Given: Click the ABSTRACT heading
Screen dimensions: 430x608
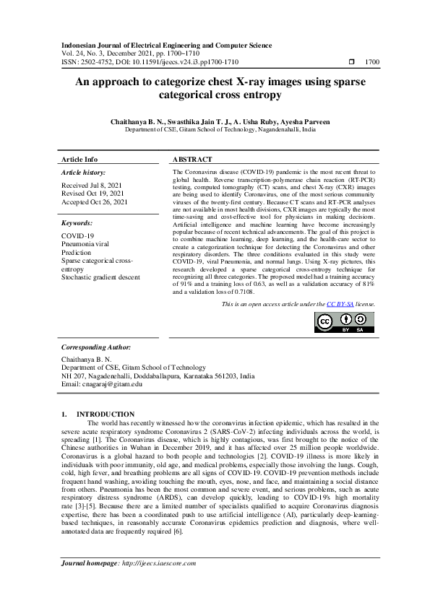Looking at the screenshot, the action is click(x=193, y=159).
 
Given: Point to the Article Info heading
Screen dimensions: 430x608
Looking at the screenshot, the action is click(x=79, y=159).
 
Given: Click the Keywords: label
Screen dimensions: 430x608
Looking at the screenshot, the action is click(x=77, y=224).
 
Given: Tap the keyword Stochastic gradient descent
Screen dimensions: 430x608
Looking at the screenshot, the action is click(x=103, y=277).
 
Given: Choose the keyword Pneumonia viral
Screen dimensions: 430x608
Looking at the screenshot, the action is click(x=85, y=245).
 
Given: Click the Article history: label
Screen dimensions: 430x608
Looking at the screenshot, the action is click(x=83, y=173).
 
